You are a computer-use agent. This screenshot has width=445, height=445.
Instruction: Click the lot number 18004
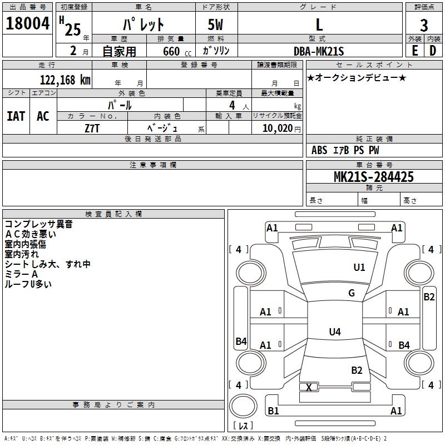pyautogui.click(x=28, y=24)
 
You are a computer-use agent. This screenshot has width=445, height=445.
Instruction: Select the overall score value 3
pyautogui.click(x=424, y=26)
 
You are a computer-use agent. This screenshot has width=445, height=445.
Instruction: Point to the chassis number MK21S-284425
pyautogui.click(x=373, y=177)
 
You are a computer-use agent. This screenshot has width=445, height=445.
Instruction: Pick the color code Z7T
pyautogui.click(x=93, y=128)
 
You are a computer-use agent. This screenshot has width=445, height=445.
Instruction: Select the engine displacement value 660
pyautogui.click(x=171, y=52)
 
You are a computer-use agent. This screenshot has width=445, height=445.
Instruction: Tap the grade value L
pyautogui.click(x=319, y=24)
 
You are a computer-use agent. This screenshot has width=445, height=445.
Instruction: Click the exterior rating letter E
pyautogui.click(x=414, y=51)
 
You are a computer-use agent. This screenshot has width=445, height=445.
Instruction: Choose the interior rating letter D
pyautogui.click(x=432, y=51)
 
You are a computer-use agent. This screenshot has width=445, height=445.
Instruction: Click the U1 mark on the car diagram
pyautogui.click(x=359, y=268)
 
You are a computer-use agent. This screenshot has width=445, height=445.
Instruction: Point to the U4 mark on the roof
pyautogui.click(x=334, y=332)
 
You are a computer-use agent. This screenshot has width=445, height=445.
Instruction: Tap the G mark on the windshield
pyautogui.click(x=351, y=293)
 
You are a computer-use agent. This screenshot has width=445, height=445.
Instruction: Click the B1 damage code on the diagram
pyautogui.click(x=273, y=411)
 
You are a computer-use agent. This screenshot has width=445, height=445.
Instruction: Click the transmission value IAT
pyautogui.click(x=16, y=116)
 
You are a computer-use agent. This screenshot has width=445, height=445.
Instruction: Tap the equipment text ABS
pyautogui.click(x=319, y=150)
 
